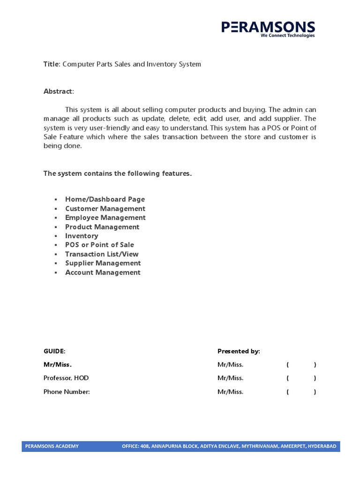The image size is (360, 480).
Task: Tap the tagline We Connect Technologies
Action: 288,36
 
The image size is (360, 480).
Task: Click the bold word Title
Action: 52,64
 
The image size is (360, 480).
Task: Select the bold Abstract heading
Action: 58,91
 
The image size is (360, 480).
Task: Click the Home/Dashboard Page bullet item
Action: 105,199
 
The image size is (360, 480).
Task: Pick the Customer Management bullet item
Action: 105,209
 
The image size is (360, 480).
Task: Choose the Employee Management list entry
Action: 105,217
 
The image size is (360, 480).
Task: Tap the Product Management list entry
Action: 102,227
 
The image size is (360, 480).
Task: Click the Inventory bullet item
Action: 82,236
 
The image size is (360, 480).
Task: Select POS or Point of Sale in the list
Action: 99,245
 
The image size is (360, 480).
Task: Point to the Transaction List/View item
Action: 102,254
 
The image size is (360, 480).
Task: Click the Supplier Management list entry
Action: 103,263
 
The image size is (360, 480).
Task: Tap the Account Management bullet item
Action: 103,272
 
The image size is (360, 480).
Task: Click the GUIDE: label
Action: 54,351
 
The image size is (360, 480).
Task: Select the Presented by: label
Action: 239,351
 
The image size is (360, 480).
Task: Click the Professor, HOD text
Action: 66,378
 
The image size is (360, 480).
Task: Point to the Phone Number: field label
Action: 67,392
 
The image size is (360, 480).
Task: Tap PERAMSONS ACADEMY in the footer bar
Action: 52,446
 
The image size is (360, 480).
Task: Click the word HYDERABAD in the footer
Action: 322,446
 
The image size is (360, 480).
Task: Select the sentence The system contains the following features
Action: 118,173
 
